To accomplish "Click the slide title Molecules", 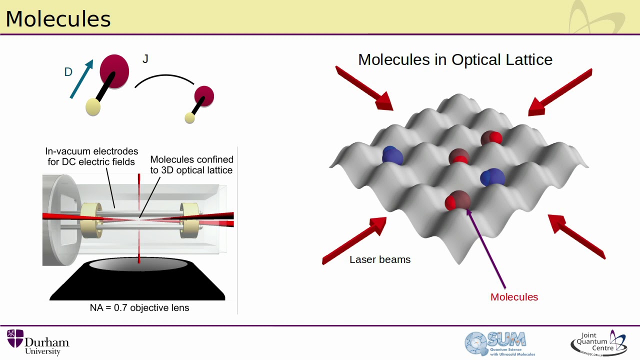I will click(58, 19).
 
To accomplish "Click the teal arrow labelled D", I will click(81, 79).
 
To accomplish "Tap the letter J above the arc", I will click(145, 59).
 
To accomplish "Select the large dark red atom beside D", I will click(114, 71).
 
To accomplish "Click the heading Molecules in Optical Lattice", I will click(455, 59).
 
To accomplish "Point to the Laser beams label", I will click(380, 259).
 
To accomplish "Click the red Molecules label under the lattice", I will click(514, 297).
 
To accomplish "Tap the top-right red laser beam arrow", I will click(560, 92).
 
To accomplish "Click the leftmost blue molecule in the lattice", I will click(392, 155).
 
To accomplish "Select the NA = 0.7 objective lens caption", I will click(139, 307).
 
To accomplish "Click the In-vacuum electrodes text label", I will click(91, 156).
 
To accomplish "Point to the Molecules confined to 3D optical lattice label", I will click(191, 164).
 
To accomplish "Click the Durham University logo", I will click(38, 342).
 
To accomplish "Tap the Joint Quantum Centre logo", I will click(598, 342).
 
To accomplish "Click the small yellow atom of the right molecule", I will click(189, 118).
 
